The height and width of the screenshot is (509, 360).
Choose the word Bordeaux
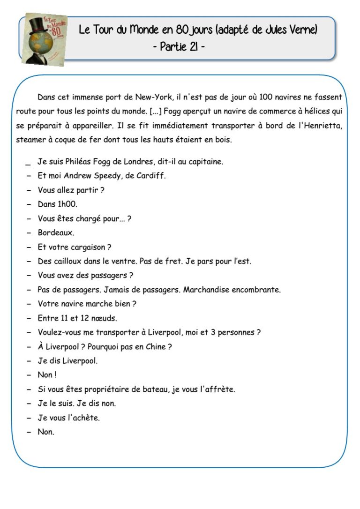[55, 232]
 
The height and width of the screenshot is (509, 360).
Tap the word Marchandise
[205, 290]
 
